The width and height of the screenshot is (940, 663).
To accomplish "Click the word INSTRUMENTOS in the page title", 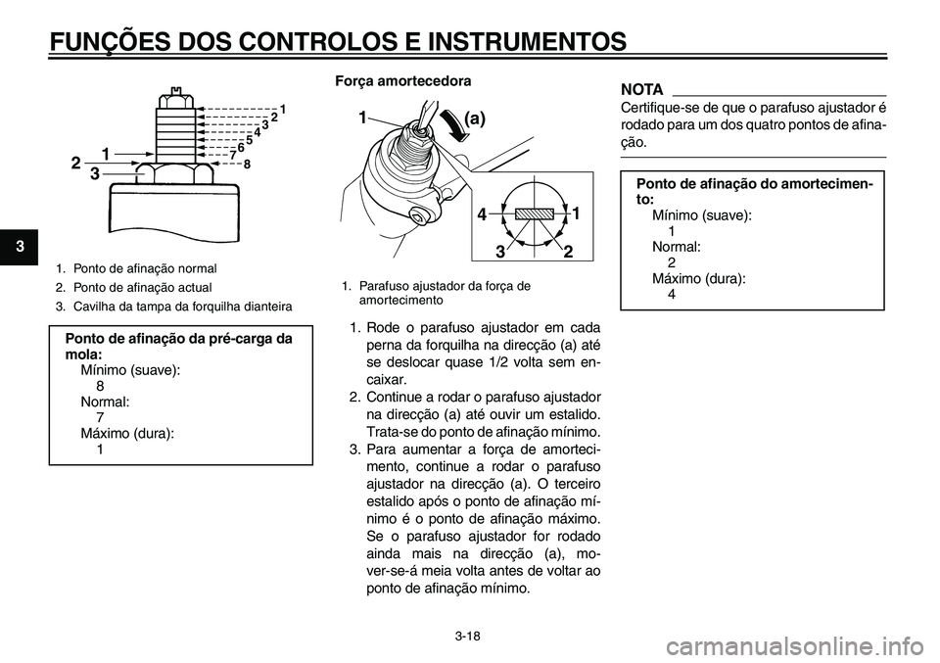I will pyautogui.click(x=519, y=41).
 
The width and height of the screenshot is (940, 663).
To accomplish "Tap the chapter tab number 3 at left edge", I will pyautogui.click(x=8, y=242).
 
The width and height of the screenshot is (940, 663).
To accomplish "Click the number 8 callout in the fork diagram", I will pyautogui.click(x=247, y=165).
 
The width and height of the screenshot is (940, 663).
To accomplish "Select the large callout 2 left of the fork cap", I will pyautogui.click(x=75, y=164).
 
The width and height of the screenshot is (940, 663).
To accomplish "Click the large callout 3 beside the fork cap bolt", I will pyautogui.click(x=94, y=174).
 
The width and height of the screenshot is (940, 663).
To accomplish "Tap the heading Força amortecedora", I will pyautogui.click(x=405, y=79).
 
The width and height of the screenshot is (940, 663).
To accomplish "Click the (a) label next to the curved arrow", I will pyautogui.click(x=474, y=118).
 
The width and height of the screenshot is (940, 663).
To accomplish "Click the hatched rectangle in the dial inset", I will pyautogui.click(x=535, y=213).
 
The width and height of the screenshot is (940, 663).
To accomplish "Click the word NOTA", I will pyautogui.click(x=642, y=89).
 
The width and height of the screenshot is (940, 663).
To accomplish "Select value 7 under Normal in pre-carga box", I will pyautogui.click(x=101, y=417).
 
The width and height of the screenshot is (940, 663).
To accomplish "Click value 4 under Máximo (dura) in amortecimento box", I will pyautogui.click(x=672, y=294).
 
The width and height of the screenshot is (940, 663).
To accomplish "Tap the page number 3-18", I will pyautogui.click(x=469, y=636).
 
